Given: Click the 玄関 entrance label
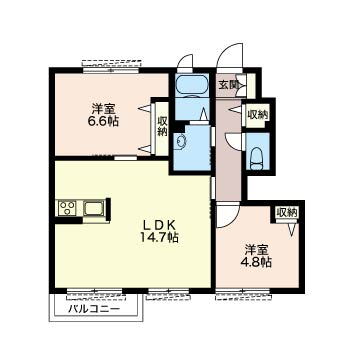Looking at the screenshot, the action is [228, 85].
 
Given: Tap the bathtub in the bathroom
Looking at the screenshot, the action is [192, 85].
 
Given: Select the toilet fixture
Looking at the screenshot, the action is [257, 157].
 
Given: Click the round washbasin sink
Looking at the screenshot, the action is [180, 141].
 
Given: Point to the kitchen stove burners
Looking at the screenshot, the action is [68, 207].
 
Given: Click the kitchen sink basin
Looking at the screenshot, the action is [93, 209].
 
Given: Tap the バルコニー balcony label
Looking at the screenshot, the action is [94, 309].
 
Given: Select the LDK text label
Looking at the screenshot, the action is [159, 226].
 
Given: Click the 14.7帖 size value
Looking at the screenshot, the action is [159, 237].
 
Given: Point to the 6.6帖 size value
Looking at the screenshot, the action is [103, 121].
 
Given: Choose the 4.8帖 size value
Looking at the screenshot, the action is [256, 262].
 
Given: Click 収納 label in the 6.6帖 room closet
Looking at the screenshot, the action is [162, 126].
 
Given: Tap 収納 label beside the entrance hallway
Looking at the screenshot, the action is [257, 115].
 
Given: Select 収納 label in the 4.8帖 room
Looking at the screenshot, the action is [287, 212].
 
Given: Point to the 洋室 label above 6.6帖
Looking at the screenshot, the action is [102, 109].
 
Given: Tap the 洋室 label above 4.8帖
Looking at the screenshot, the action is [256, 250].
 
